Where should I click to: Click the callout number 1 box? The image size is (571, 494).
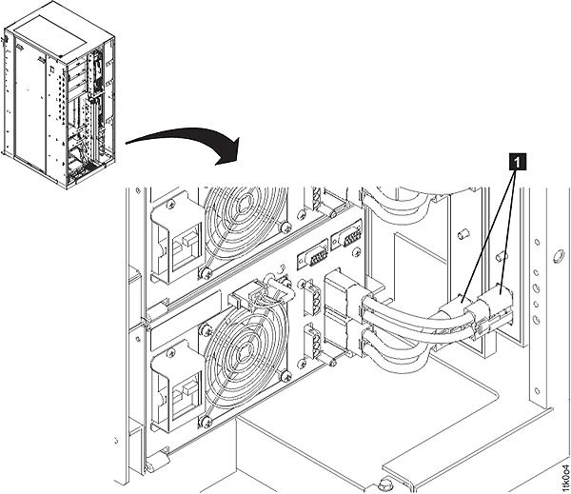pos(517,162)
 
